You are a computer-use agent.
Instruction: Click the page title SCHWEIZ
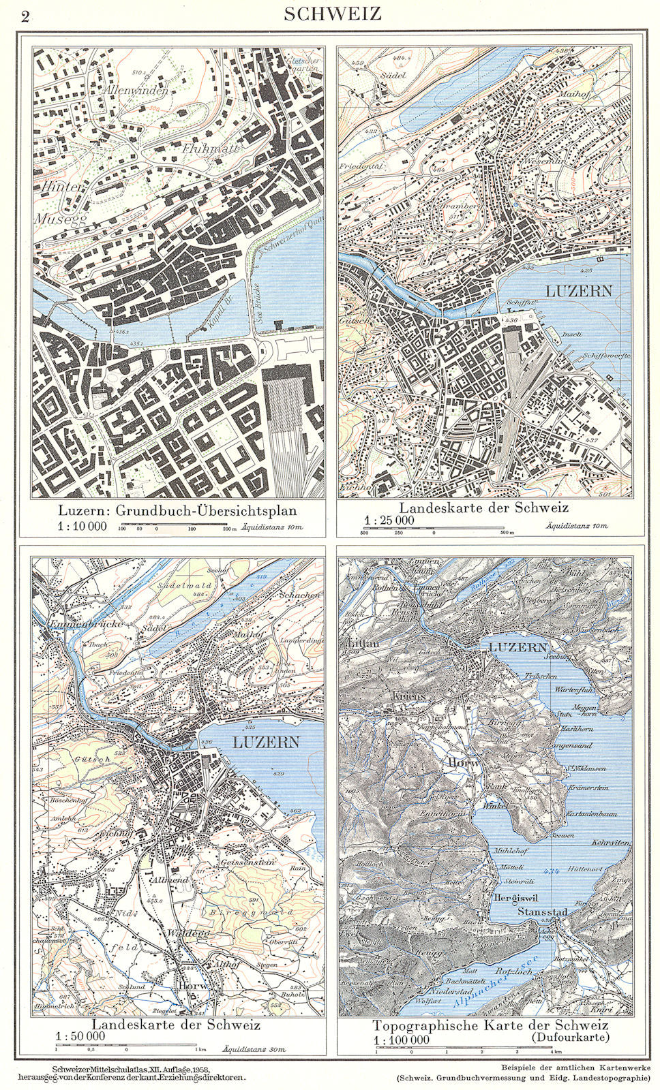[x=333, y=14]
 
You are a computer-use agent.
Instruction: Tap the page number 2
[x=25, y=16]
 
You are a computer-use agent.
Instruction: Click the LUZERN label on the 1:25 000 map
[x=577, y=291]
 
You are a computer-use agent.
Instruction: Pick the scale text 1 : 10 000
[x=82, y=526]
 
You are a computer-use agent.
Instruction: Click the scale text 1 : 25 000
[x=389, y=520]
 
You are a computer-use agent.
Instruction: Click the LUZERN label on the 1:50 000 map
[x=266, y=742]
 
